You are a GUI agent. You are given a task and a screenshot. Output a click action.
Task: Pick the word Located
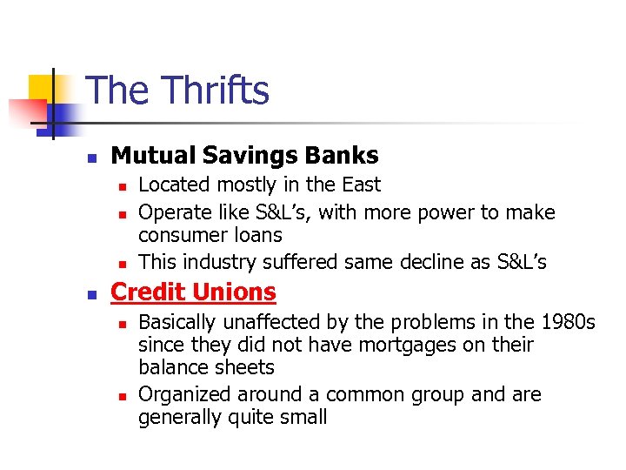tap(174, 185)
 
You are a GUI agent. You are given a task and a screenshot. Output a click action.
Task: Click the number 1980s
tap(566, 323)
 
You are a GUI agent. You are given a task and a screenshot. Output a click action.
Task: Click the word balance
tap(170, 368)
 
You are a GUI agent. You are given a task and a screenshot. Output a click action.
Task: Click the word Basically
tap(180, 323)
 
